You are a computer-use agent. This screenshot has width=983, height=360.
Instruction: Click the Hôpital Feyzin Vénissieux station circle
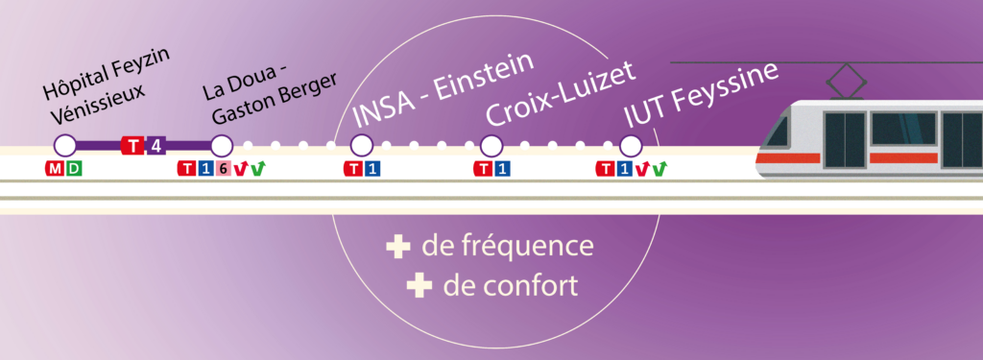tap(64, 146)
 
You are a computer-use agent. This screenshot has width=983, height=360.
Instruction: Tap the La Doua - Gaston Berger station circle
tap(222, 146)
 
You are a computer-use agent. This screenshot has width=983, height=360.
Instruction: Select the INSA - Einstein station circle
tap(362, 146)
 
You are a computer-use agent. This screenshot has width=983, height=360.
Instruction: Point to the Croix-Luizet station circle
tap(491, 146)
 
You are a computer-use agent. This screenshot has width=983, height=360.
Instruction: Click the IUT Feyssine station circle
tap(631, 146)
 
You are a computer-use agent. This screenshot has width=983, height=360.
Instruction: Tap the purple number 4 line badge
tap(156, 146)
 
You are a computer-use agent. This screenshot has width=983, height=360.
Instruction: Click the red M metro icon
tap(55, 168)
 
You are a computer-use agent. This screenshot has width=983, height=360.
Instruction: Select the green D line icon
tap(74, 168)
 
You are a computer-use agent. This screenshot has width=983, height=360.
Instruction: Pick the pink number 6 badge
tap(223, 169)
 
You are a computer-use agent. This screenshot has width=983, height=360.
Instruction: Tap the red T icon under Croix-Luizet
tap(485, 169)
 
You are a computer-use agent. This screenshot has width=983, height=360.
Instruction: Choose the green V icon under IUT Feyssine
tap(659, 168)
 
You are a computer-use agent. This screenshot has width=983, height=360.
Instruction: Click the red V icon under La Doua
tap(239, 169)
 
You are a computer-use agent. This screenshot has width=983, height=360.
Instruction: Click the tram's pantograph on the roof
tap(847, 81)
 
